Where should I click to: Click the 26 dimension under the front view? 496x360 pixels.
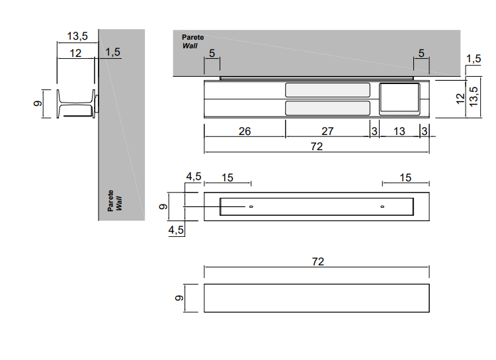click(245, 132)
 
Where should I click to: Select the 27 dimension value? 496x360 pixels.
click(327, 132)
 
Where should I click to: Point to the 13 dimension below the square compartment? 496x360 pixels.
click(399, 132)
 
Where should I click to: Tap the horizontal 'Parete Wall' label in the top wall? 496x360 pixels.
click(193, 42)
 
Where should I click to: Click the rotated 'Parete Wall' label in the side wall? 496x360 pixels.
click(115, 201)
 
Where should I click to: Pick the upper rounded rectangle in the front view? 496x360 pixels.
click(327, 91)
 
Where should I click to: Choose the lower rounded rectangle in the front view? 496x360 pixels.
click(327, 109)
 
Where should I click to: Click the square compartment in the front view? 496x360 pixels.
click(399, 99)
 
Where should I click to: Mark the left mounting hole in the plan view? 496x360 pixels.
click(251, 207)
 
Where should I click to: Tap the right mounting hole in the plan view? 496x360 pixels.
click(382, 207)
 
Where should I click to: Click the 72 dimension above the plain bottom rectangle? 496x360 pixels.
click(318, 262)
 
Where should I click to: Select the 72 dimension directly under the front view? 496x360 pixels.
click(317, 146)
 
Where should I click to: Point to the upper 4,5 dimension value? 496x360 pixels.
click(193, 177)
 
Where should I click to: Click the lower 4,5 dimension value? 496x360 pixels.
click(176, 230)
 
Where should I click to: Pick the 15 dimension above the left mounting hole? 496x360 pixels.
click(227, 177)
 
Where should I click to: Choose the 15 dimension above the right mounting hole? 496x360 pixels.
click(406, 177)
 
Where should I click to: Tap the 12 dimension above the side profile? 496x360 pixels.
click(75, 52)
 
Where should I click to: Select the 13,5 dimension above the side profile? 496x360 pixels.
click(77, 36)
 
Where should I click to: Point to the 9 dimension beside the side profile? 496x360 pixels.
click(38, 103)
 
